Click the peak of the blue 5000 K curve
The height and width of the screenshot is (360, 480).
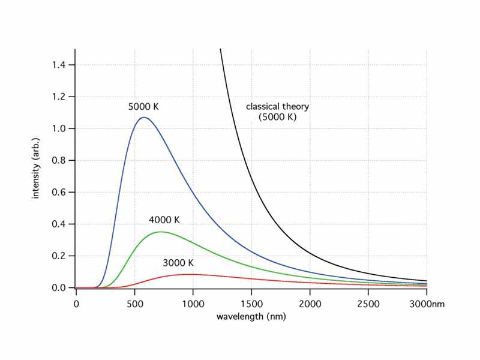tap(143, 118)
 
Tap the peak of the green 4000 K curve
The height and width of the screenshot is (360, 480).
tap(160, 232)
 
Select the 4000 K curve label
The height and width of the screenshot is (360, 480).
tap(164, 220)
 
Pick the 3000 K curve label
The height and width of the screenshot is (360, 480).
tap(178, 263)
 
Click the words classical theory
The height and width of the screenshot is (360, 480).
tap(277, 107)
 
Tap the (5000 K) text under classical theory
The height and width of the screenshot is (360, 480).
tap(277, 118)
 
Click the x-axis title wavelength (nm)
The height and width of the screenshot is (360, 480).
tap(251, 316)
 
